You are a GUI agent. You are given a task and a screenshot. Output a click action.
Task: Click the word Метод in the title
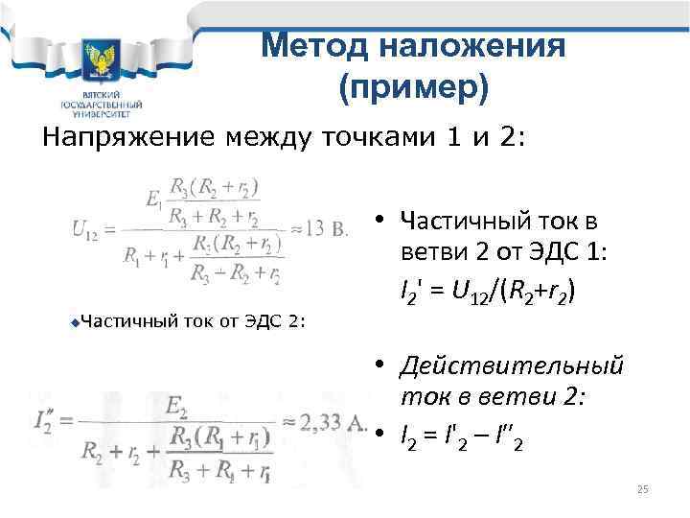[x=308, y=45]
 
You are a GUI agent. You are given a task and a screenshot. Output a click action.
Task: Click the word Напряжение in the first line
[x=126, y=136]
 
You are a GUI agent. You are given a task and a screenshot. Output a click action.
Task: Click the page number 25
[x=643, y=490]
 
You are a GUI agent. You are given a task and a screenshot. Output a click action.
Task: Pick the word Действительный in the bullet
[x=514, y=365]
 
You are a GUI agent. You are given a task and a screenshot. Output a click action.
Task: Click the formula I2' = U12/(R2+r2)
[x=489, y=290]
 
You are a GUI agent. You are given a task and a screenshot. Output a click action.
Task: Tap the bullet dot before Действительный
[x=380, y=365]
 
